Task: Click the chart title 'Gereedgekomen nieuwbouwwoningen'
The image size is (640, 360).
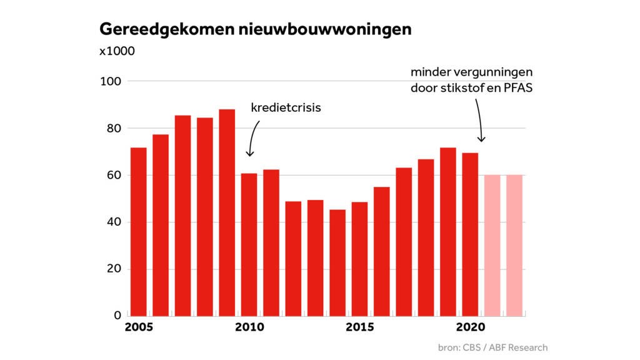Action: pos(255,29)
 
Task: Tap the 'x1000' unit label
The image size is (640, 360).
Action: pos(117,51)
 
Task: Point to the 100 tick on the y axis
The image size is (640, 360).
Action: pos(111,81)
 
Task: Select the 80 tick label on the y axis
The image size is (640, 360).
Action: pos(112,129)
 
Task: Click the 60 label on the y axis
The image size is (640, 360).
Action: pos(112,176)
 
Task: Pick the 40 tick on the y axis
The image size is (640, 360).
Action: pos(112,222)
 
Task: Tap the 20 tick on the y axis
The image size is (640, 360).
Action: pos(112,269)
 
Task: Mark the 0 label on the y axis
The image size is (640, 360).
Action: pos(117,315)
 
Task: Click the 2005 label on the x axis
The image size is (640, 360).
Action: pos(139,327)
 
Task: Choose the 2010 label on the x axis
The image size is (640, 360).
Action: pos(250,327)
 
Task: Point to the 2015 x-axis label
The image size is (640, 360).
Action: pos(360,327)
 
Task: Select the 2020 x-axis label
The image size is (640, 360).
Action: pos(471,327)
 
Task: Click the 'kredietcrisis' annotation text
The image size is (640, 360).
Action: pos(286,108)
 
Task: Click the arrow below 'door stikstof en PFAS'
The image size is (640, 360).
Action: pos(479,119)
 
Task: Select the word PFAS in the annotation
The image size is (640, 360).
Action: pos(518,87)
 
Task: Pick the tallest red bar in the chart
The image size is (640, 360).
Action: pos(227,212)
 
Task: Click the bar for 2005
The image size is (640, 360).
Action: pos(139,231)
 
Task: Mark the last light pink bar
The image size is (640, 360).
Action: pos(514,245)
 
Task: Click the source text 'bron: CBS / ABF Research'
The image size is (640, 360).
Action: pos(492,347)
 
